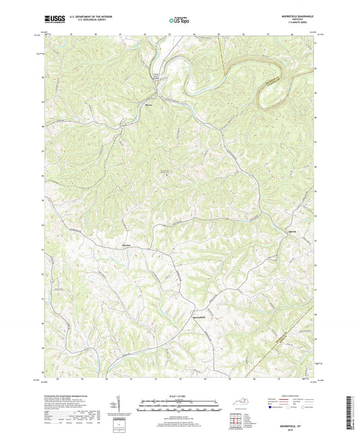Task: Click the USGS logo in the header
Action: pos(52,20)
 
